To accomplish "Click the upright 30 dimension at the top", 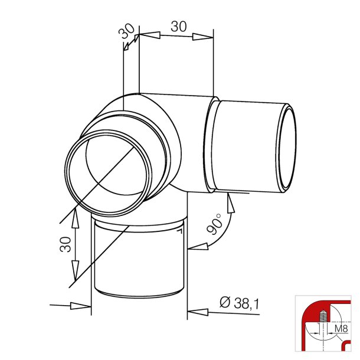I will [179, 26].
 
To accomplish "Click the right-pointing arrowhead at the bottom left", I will [81, 306].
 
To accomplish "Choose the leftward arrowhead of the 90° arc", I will [197, 247].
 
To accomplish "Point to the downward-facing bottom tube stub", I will [138, 260].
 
